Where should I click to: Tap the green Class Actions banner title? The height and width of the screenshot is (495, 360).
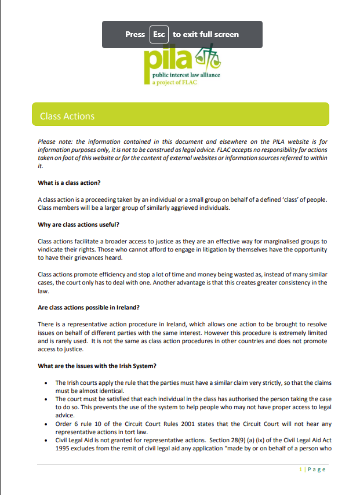(x=67, y=117)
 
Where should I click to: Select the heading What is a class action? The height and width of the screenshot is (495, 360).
(x=69, y=183)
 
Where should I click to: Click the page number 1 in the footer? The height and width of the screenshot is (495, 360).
(x=300, y=469)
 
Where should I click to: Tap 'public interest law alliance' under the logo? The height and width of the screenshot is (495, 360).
(x=186, y=75)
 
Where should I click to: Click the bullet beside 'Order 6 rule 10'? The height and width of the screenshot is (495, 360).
(x=46, y=424)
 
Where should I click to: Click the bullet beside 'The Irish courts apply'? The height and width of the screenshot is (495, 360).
(x=46, y=383)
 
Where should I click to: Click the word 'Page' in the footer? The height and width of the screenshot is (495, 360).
(x=317, y=469)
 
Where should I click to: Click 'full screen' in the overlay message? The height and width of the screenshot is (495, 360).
(x=219, y=34)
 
